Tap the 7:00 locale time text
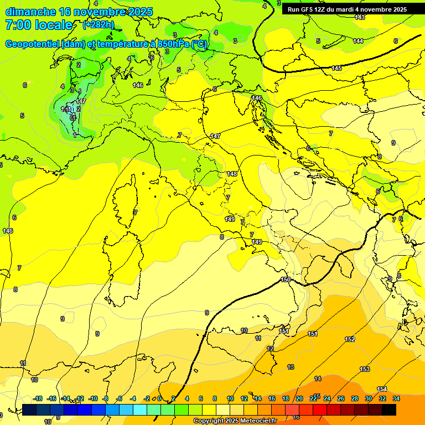pos(39,25)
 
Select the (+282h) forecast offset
pos(99,25)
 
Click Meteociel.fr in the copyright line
pos(254,421)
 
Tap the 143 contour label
pos(360,18)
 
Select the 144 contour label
pos(358,41)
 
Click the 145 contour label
pos(336,68)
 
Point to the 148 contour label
pos(231,174)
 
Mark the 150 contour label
pos(286,279)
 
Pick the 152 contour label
pos(350,339)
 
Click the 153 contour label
pos(365,369)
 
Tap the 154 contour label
pos(382,389)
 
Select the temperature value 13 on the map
pos(291,367)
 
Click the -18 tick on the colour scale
pos(38,398)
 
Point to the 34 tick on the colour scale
pos(396,398)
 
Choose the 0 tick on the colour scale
pos(159,398)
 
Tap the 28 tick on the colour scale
pos(355,398)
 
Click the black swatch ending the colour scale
pos(389,410)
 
